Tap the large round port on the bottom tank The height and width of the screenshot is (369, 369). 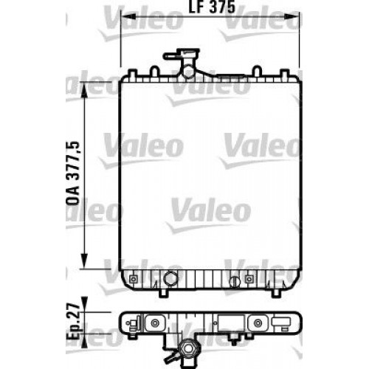pos(171,280)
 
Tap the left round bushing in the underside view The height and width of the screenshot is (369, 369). pos(156,322)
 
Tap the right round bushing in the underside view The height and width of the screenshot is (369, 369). pos(261,322)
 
